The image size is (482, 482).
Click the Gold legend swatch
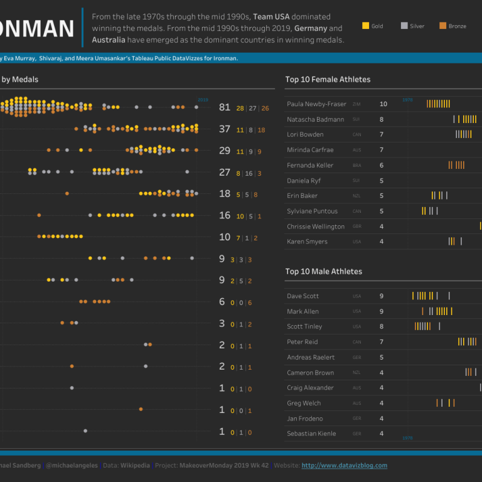[x=366, y=26]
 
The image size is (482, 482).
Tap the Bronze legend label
[x=457, y=26]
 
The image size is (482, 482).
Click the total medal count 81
[x=225, y=107]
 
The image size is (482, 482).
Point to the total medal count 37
[x=225, y=129]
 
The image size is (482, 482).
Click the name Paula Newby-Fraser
[x=316, y=104]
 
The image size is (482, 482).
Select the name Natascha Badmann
[x=315, y=119]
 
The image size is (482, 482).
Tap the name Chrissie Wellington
[x=316, y=227]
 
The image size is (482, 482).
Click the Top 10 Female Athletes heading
[x=328, y=80]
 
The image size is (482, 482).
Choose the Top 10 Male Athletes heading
[x=323, y=272]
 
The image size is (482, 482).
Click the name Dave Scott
[x=303, y=296]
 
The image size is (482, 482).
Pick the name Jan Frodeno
[x=304, y=419]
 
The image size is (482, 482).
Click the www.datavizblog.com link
[x=344, y=466]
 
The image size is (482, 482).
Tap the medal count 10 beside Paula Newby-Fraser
[x=383, y=104]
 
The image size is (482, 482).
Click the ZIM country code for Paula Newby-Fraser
[x=356, y=105]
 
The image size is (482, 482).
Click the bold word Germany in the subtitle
[x=310, y=29]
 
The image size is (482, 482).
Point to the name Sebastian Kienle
[x=311, y=434]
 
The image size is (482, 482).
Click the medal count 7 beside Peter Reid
[x=381, y=342]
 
